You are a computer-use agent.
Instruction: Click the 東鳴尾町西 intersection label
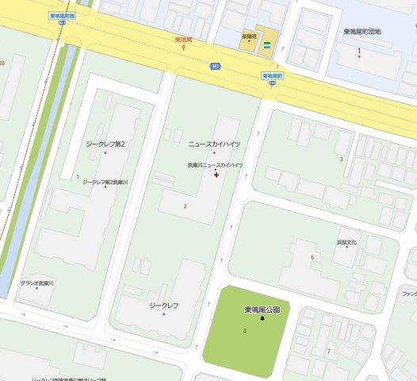pos(62,16)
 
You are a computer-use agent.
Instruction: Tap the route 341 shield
pos(215,66)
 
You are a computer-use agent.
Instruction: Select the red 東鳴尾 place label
pos(184,39)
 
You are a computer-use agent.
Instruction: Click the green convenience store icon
pos(268,44)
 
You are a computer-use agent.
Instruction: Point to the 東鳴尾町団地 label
pos(362,31)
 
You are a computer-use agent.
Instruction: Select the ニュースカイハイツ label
pos(214,144)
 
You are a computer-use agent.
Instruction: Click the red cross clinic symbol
pos(216,175)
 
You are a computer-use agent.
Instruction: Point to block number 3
pos(341,159)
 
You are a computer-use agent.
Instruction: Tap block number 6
pos(312,257)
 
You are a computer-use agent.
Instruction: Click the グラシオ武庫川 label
pos(36,283)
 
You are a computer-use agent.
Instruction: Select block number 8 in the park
pos(244,330)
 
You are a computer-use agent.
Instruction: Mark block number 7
pos(328,350)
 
